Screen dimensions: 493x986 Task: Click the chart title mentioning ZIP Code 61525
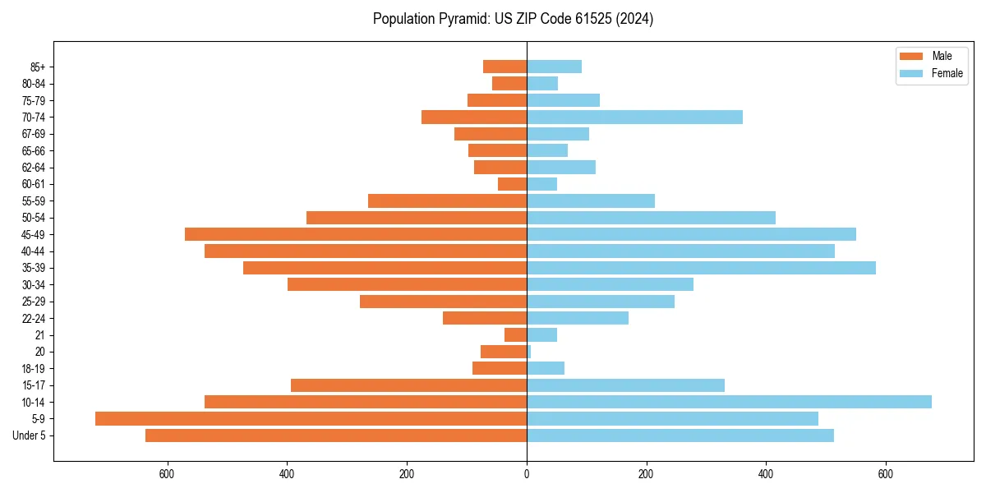coord(513,19)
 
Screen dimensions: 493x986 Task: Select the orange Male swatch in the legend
coord(911,56)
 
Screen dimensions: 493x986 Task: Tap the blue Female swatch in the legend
coord(911,73)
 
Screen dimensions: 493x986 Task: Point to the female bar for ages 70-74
coord(634,117)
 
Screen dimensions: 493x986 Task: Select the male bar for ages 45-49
coord(356,234)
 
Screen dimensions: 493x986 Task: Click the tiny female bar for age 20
coord(529,352)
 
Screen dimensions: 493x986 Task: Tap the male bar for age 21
coord(515,334)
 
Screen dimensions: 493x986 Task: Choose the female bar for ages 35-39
coord(701,268)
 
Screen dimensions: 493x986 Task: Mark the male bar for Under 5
coord(336,435)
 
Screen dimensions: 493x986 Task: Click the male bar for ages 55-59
coord(447,200)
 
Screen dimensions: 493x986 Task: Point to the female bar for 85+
coord(554,67)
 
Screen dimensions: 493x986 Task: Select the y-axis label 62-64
coord(33,168)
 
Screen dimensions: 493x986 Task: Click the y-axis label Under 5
coord(29,435)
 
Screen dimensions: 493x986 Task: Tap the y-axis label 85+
coord(36,67)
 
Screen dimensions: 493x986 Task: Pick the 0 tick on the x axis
coord(527,475)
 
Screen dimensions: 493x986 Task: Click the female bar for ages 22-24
coord(578,318)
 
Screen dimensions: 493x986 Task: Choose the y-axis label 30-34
coord(33,284)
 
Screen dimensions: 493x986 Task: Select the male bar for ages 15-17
coord(408,385)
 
